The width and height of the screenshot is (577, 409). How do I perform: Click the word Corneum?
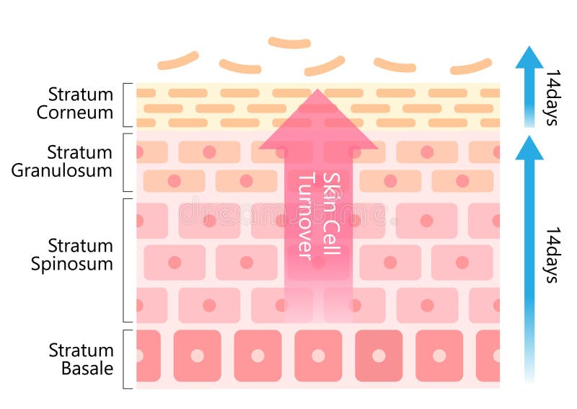click(75, 113)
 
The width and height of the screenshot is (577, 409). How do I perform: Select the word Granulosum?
click(62, 170)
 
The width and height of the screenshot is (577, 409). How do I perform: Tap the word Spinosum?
click(71, 264)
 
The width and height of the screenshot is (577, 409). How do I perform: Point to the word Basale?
click(87, 368)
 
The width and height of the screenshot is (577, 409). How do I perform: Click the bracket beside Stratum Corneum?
click(123, 105)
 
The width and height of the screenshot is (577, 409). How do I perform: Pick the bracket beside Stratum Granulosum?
click(123, 162)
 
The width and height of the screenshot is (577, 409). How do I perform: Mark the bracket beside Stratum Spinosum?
click(123, 260)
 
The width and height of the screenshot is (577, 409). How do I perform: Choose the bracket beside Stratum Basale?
click(123, 359)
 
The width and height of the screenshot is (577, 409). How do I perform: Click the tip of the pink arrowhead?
click(318, 89)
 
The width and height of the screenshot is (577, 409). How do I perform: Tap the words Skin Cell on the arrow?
click(332, 214)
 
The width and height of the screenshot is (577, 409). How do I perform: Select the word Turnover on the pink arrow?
click(306, 217)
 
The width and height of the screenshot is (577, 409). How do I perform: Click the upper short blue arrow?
click(529, 87)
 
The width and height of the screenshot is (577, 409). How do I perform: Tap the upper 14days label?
click(553, 97)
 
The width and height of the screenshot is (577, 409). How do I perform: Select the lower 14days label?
click(553, 255)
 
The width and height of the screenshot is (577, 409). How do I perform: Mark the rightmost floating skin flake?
click(472, 67)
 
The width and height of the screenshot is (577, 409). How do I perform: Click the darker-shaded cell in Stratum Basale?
click(379, 356)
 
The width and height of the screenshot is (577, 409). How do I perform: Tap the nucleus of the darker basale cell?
click(379, 356)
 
